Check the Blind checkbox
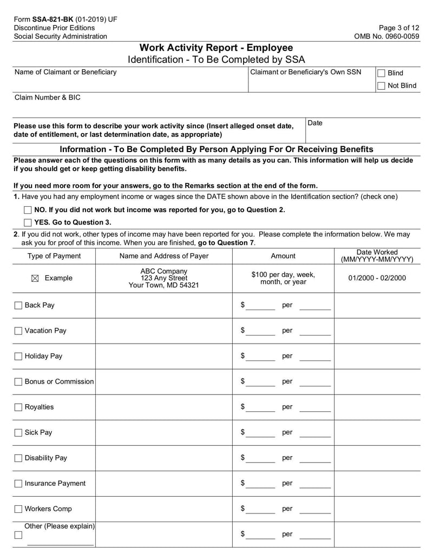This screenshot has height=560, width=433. [x=381, y=73]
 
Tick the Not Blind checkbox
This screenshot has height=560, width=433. [x=381, y=85]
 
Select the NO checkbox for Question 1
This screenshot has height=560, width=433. [x=28, y=210]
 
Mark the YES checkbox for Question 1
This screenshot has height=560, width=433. [x=28, y=222]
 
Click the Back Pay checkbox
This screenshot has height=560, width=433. [x=18, y=306]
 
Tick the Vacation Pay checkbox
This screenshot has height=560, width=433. [x=18, y=331]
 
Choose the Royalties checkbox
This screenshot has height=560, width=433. [x=18, y=407]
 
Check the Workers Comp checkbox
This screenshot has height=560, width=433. [x=18, y=509]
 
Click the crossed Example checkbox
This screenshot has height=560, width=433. [x=35, y=278]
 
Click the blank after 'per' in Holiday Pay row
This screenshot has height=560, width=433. [x=314, y=357]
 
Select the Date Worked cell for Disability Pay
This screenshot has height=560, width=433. [x=377, y=458]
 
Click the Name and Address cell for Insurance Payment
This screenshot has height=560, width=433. [x=163, y=484]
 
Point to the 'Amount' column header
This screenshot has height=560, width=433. [x=283, y=256]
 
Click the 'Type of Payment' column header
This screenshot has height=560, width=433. [x=54, y=256]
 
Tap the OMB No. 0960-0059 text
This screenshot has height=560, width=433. [x=386, y=36]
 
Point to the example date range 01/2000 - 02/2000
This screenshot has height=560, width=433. [x=377, y=278]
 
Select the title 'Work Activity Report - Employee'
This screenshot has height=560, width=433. [x=216, y=48]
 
